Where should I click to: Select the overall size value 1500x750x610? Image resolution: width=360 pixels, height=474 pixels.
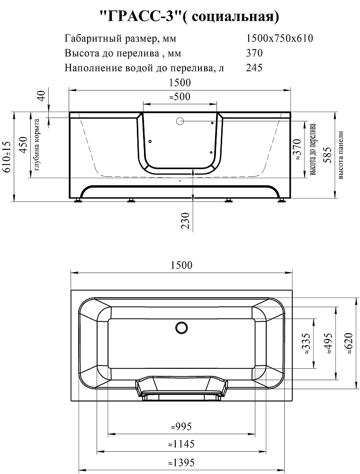coord(279,38)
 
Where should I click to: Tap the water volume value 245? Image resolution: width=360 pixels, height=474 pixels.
coord(254,67)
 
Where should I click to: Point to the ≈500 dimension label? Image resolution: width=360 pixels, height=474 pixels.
coord(180,97)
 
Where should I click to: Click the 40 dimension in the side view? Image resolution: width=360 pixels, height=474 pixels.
coord(41,96)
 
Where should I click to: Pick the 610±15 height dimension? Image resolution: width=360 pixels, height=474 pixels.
coord(7,157)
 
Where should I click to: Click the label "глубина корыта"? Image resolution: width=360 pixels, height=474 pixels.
coord(37,145)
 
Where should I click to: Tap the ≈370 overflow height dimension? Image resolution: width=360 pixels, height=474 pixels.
coord(297,149)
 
